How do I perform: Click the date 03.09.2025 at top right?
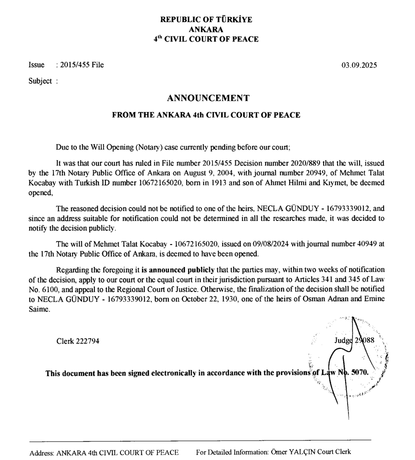(360, 65)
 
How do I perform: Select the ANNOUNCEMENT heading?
(207, 98)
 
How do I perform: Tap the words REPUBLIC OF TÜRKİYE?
(206, 20)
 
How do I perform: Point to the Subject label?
(40, 81)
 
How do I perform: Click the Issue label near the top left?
(36, 65)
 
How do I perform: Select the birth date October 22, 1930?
(182, 300)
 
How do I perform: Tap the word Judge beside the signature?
(344, 341)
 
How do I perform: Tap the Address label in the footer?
(41, 452)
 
